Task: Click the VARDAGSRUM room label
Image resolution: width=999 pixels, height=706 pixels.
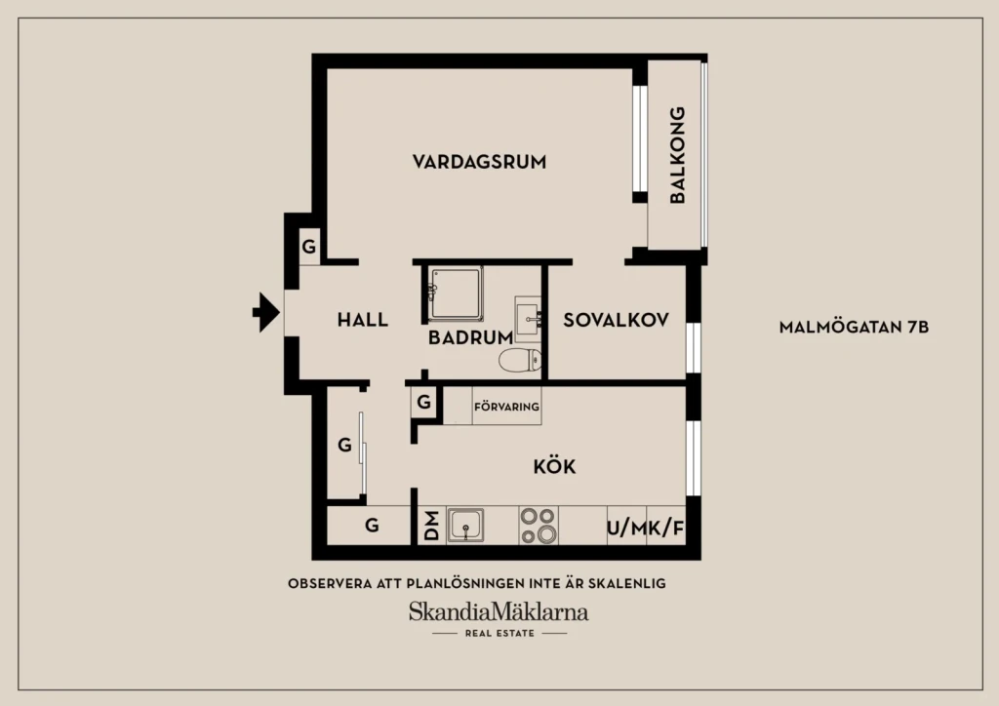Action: (x=479, y=162)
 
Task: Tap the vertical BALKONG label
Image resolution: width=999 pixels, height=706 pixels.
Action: (x=677, y=155)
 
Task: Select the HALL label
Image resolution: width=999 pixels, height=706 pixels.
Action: (x=363, y=320)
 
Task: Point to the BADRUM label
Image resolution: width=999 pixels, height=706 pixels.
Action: (x=470, y=337)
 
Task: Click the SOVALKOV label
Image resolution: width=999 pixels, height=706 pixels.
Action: (x=617, y=320)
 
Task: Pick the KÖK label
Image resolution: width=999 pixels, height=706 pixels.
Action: (x=554, y=467)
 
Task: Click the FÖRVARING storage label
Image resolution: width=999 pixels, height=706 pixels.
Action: (x=506, y=407)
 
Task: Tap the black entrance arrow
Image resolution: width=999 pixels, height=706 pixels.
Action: (x=266, y=312)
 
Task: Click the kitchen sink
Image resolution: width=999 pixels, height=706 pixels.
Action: (x=465, y=527)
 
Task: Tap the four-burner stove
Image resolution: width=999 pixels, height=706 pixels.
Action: (x=539, y=526)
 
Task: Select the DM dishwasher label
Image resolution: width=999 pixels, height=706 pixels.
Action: (x=432, y=526)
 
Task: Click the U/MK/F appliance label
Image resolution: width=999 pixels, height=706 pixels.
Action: (x=646, y=528)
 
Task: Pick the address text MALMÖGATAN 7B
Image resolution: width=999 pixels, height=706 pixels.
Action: (x=854, y=328)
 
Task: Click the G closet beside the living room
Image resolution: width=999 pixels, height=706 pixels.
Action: (x=309, y=247)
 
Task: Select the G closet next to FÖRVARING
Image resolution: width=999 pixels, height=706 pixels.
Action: (x=423, y=402)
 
